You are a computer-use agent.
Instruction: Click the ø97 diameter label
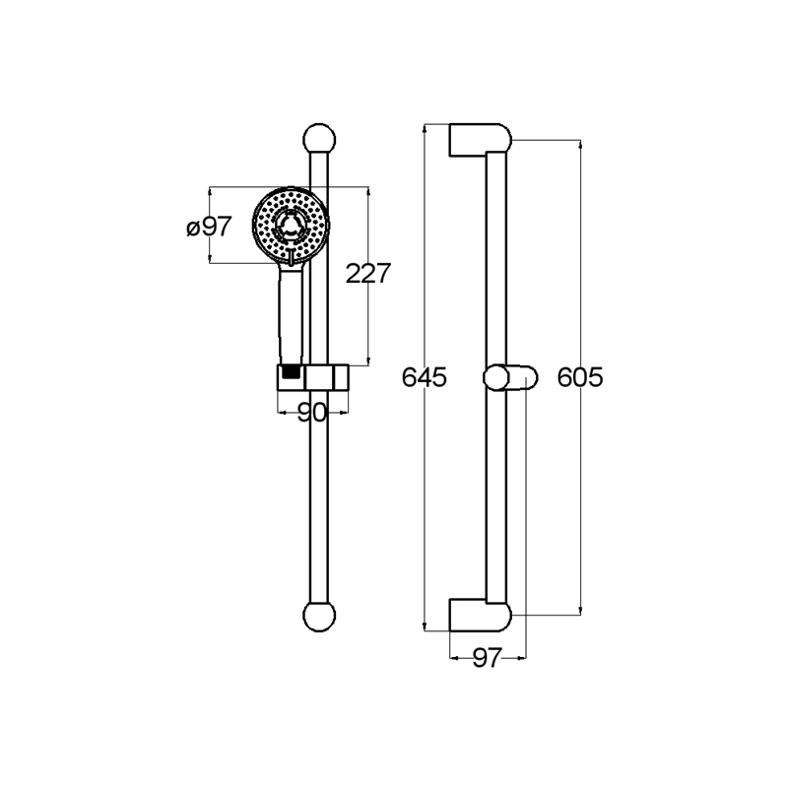pyautogui.click(x=209, y=227)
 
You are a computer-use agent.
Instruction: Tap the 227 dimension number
pyautogui.click(x=368, y=274)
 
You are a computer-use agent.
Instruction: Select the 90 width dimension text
pyautogui.click(x=312, y=413)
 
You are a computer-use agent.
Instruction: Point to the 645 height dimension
pyautogui.click(x=425, y=377)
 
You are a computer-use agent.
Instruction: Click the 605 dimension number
pyautogui.click(x=580, y=377)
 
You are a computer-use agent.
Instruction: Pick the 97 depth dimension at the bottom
pyautogui.click(x=487, y=657)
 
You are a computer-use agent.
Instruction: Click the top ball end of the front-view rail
pyautogui.click(x=319, y=139)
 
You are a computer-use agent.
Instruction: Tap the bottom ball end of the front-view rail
pyautogui.click(x=319, y=616)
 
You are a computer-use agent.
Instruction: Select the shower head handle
pyautogui.click(x=291, y=316)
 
